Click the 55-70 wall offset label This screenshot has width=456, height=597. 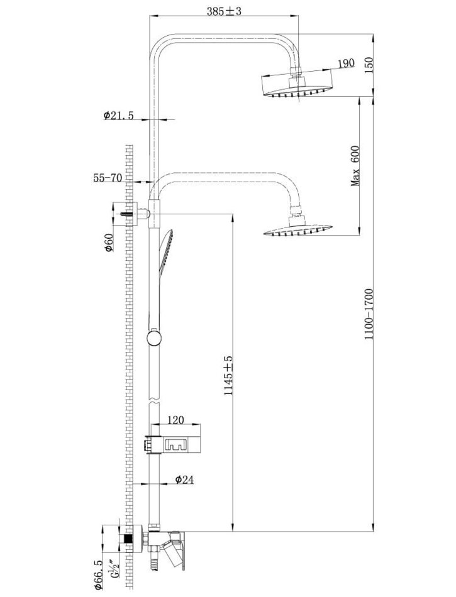pos(108,178)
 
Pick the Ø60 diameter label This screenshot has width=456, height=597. pos(108,242)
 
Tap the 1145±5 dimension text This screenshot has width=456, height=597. pos(229,376)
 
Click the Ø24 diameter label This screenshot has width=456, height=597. pos(183,479)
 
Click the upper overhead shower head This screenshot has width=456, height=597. pos(296,85)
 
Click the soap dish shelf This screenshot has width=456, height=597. pos(175,443)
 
